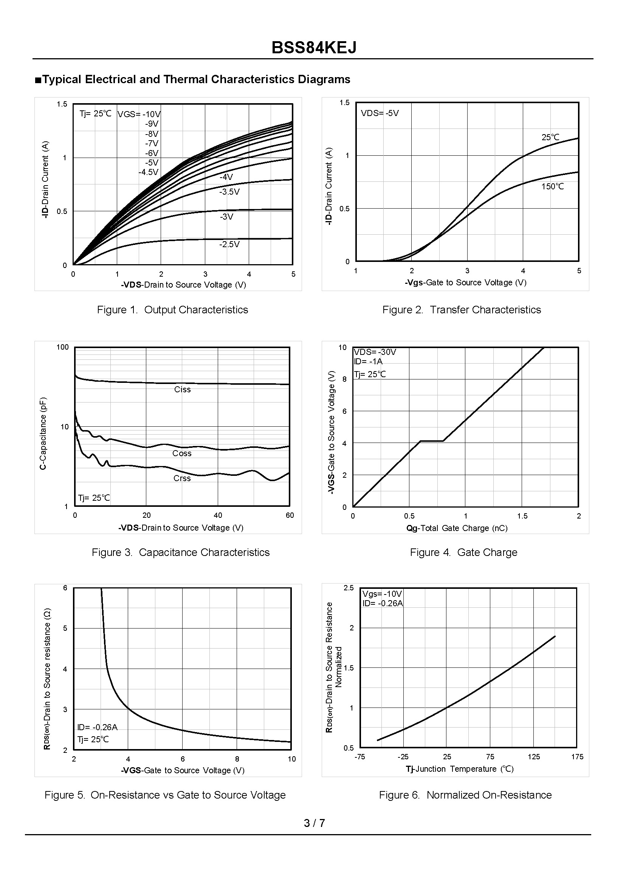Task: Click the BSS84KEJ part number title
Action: pos(314,48)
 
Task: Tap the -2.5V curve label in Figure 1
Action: pos(229,244)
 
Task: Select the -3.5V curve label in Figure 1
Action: pos(229,192)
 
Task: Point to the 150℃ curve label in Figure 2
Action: pos(552,186)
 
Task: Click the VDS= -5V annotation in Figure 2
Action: pos(380,113)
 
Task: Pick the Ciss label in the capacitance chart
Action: pos(182,390)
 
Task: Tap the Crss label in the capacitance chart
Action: pos(182,478)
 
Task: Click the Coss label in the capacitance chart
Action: pos(182,454)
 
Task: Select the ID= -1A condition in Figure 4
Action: pos(368,361)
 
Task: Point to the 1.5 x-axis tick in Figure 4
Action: pos(522,516)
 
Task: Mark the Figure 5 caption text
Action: pos(165,794)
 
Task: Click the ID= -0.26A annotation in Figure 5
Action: pos(97,727)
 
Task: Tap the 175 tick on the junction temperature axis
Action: pos(577,757)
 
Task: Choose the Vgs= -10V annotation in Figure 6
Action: pos(382,594)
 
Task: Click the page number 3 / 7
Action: pos(314,823)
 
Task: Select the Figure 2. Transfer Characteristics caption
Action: pos(462,310)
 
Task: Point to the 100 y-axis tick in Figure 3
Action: pos(62,347)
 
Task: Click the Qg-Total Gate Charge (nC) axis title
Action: pos(457,528)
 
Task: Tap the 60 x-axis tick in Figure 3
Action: pos(290,516)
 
